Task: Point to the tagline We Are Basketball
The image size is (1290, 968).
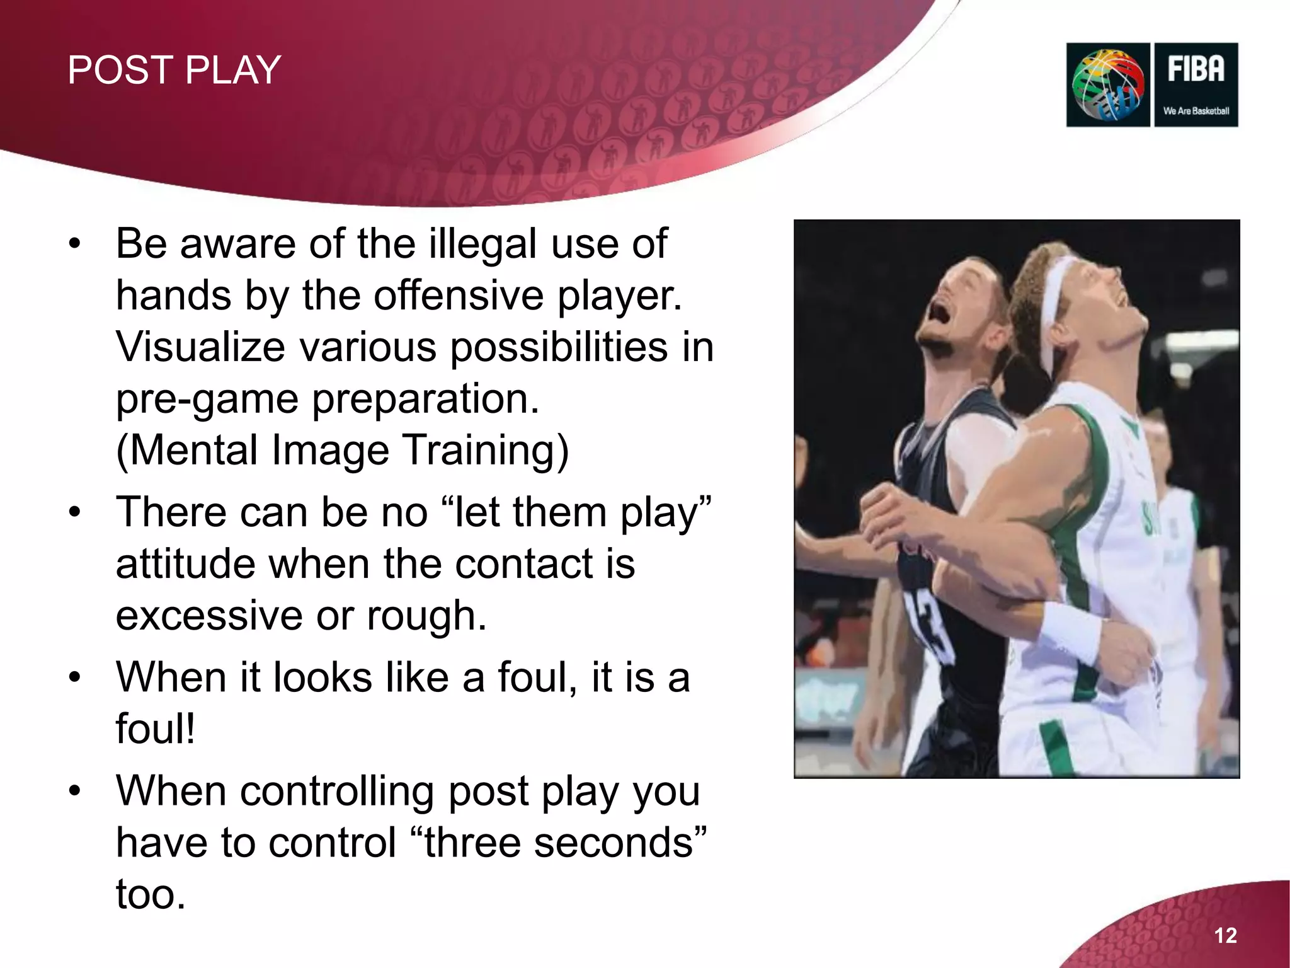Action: click(1196, 111)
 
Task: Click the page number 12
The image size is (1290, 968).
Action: click(1225, 935)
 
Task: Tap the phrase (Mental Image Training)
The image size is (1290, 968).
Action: click(342, 450)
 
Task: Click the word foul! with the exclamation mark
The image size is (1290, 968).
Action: click(156, 729)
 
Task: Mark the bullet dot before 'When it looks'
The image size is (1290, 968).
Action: click(75, 678)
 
